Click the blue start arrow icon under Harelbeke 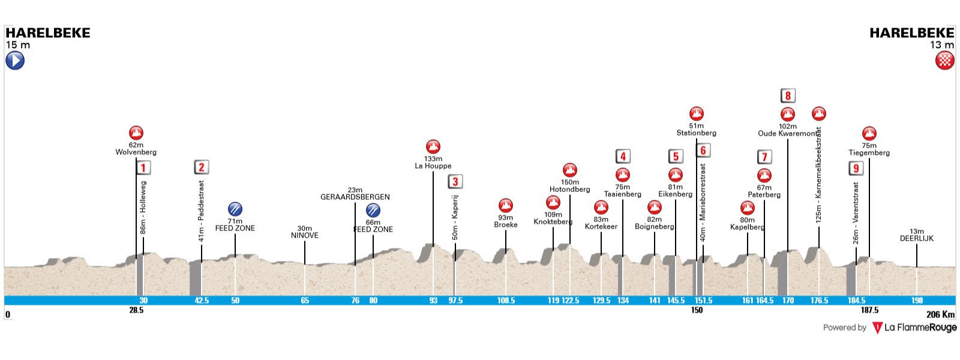pyautogui.click(x=15, y=61)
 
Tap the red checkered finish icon pyautogui.click(x=945, y=61)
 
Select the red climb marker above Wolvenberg pyautogui.click(x=136, y=133)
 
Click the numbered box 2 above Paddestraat pyautogui.click(x=202, y=167)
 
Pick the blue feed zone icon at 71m pyautogui.click(x=235, y=209)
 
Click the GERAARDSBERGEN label pyautogui.click(x=355, y=197)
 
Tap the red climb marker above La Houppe pyautogui.click(x=433, y=146)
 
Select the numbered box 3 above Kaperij pyautogui.click(x=455, y=181)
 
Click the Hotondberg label pyautogui.click(x=570, y=190)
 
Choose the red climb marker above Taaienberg pyautogui.click(x=623, y=175)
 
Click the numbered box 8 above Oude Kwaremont pyautogui.click(x=788, y=95)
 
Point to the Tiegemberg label pyautogui.click(x=869, y=152)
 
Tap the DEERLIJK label pyautogui.click(x=916, y=238)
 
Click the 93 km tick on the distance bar pyautogui.click(x=433, y=301)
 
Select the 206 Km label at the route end pyautogui.click(x=940, y=314)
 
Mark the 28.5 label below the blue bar pyautogui.click(x=136, y=310)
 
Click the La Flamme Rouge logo pyautogui.click(x=914, y=328)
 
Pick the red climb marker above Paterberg pyautogui.click(x=764, y=175)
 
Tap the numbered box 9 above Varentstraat pyautogui.click(x=856, y=169)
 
